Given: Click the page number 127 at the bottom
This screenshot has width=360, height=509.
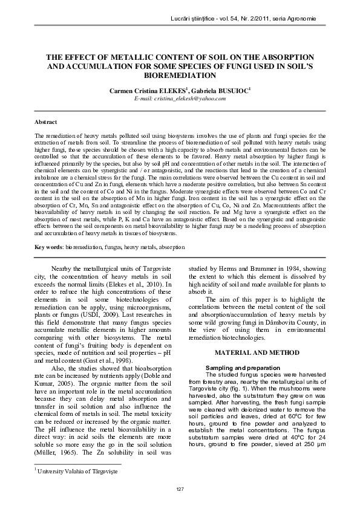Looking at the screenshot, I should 180,488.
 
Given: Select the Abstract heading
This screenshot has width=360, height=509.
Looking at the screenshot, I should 46,122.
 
